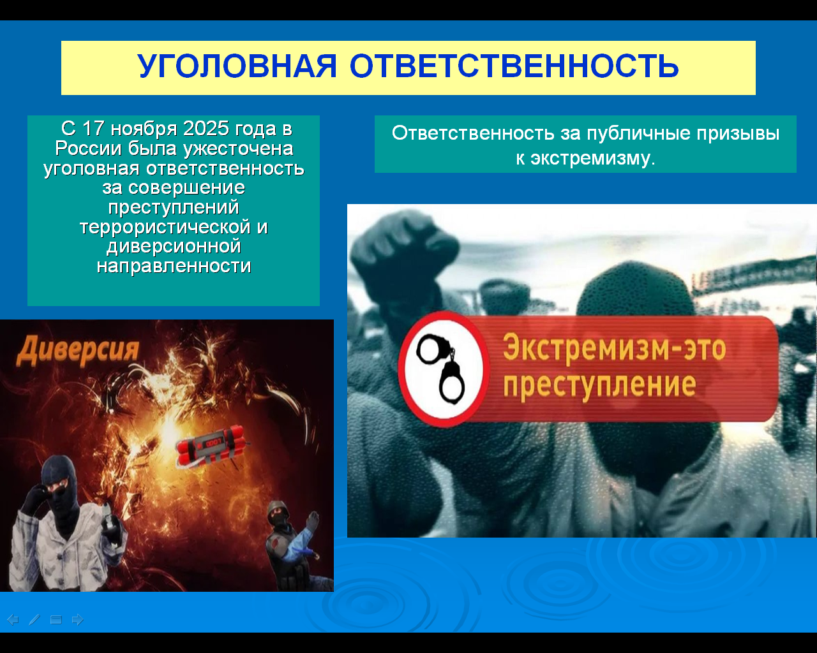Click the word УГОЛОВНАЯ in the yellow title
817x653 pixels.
point(237,66)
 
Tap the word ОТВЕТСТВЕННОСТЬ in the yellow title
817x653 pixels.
point(514,66)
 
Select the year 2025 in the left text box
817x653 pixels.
point(206,129)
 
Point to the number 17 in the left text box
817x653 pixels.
point(93,129)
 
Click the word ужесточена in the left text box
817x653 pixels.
point(239,149)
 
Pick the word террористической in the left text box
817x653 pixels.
point(165,227)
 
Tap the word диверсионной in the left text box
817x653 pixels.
point(174,246)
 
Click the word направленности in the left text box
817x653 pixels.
point(174,266)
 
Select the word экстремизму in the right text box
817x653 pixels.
point(592,158)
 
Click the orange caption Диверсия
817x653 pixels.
point(78,349)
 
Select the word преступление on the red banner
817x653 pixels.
point(600,385)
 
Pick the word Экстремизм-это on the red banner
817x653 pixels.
point(614,347)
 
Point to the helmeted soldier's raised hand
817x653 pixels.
point(313,521)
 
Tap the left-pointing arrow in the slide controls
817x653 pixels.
point(13,620)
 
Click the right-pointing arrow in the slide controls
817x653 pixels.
point(77,620)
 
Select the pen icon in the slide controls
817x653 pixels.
point(34,620)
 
